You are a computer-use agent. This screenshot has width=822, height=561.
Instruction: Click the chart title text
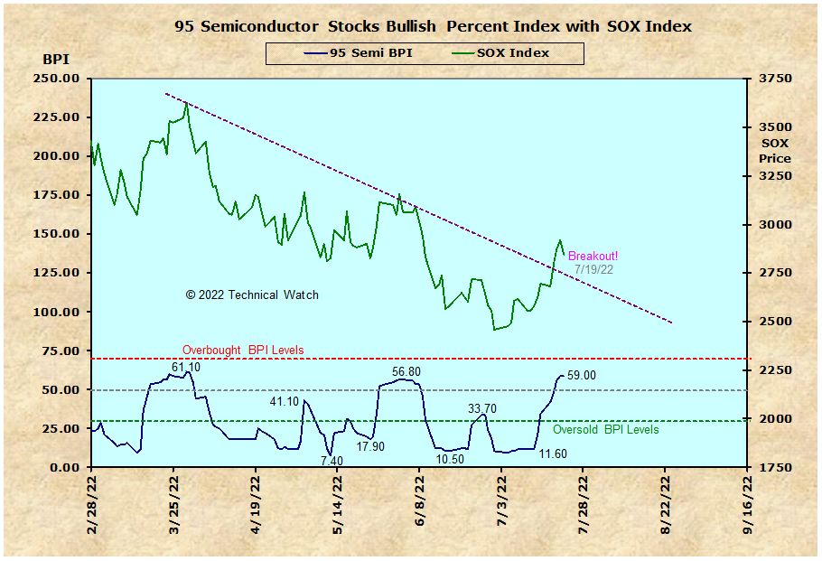point(434,26)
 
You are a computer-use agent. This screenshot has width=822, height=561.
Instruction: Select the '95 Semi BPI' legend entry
point(359,53)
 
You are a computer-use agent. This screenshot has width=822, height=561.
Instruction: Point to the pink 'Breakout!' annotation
point(593,256)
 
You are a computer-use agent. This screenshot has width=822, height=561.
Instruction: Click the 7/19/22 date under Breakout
point(593,269)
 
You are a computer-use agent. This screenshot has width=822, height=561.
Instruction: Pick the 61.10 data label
point(186,368)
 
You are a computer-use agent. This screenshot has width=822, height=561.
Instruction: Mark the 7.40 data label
point(332,461)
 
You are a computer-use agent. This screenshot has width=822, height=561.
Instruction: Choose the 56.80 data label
point(406,371)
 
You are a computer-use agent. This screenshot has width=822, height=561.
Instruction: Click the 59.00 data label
point(582,376)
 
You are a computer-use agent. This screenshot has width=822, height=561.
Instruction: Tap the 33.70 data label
point(482,408)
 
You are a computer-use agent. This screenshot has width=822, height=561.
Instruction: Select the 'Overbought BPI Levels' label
point(243,350)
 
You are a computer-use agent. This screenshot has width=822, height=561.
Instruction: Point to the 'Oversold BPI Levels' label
point(605,430)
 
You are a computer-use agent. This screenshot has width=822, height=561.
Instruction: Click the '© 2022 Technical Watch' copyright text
point(252,295)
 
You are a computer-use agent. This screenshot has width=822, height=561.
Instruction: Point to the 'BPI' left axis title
point(55,60)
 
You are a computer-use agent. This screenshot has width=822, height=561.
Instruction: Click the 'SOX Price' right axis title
point(775,151)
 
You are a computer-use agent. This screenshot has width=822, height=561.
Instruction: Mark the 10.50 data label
point(450,459)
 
